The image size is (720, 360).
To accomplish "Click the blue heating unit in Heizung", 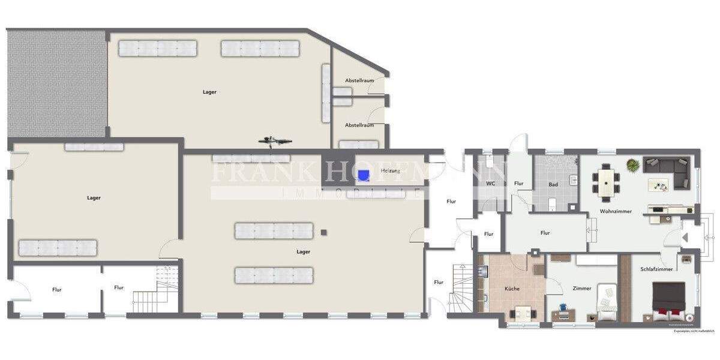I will coord(363,175).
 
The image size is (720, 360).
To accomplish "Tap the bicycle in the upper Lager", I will coord(275,141).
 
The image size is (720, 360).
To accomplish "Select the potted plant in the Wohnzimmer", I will coord(632,164).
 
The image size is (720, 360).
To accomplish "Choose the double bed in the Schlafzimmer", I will coord(670,301).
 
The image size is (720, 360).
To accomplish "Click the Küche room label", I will coord(512,289).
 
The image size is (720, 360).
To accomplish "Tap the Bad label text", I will coord(553,184).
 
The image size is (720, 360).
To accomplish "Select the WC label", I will coord(490,184).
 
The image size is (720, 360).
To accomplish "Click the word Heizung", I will coord(390,171).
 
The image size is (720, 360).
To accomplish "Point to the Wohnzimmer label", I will coord(616,211).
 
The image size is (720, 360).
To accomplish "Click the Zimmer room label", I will coord(582,289).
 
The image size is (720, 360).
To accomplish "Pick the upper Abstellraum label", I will coord(359,80).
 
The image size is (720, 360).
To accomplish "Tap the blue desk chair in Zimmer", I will coord(563,308).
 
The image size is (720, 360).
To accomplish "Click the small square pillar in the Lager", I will coord(323,232).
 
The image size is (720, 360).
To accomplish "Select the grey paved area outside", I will coord(57,84).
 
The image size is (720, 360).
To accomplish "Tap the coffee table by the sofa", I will coord(658,185).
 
